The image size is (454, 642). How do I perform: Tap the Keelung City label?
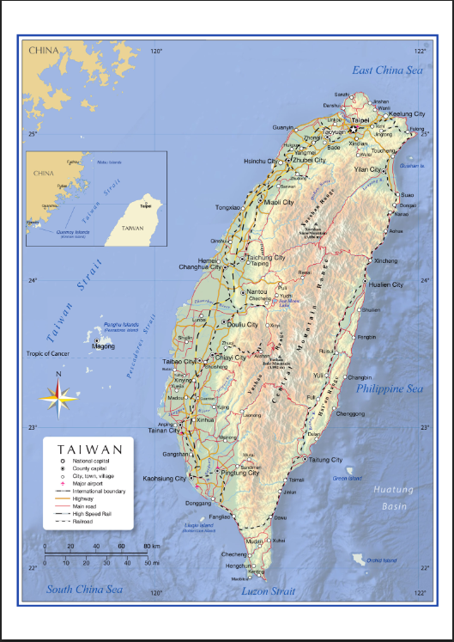click(x=407, y=113)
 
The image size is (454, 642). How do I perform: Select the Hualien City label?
click(x=385, y=284)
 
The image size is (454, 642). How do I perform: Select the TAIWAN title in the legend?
click(x=88, y=449)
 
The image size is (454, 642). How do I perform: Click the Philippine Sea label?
click(x=390, y=388)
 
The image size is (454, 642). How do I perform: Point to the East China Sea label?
click(x=387, y=70)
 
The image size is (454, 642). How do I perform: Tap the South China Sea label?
click(x=84, y=590)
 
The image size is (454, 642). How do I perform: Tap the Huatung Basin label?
click(x=394, y=498)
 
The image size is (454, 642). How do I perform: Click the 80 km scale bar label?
click(x=152, y=546)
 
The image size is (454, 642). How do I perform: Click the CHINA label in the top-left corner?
click(x=44, y=51)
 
